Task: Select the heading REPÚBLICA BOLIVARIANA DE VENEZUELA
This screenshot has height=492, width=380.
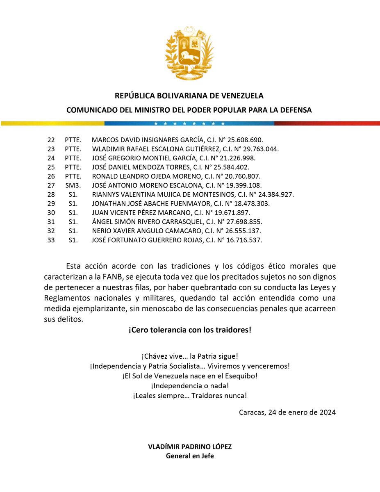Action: coord(189,96)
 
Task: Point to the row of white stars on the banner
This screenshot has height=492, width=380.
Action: coord(189,123)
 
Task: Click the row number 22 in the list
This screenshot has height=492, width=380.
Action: coord(51,140)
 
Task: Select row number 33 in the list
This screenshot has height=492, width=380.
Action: coord(51,240)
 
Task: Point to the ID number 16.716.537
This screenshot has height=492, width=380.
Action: coord(244,240)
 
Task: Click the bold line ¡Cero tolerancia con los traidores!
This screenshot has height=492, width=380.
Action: coord(189,330)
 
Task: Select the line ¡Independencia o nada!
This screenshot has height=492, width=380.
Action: coord(189,386)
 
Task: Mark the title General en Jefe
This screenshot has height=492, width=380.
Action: coord(189,456)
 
